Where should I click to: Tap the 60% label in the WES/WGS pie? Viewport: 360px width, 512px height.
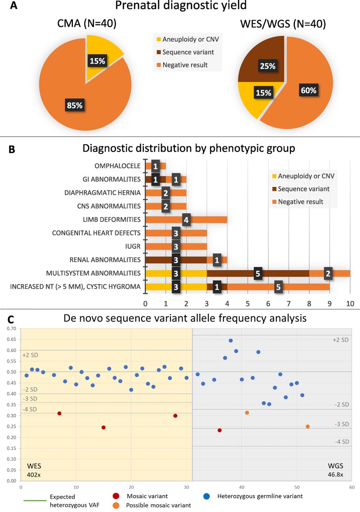pyautogui.click(x=310, y=90)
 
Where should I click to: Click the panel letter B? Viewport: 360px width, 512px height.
pyautogui.click(x=12, y=150)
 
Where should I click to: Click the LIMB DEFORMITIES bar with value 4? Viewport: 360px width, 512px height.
pyautogui.click(x=186, y=220)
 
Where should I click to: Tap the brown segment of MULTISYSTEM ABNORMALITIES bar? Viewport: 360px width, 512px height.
pyautogui.click(x=258, y=273)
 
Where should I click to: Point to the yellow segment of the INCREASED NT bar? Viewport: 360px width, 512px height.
pyautogui.click(x=176, y=287)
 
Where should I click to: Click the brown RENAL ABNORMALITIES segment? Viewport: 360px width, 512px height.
pyautogui.click(x=176, y=259)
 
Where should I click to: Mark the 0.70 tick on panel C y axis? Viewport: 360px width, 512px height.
pyautogui.click(x=12, y=328)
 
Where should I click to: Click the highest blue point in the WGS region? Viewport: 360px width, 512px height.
pyautogui.click(x=231, y=340)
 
